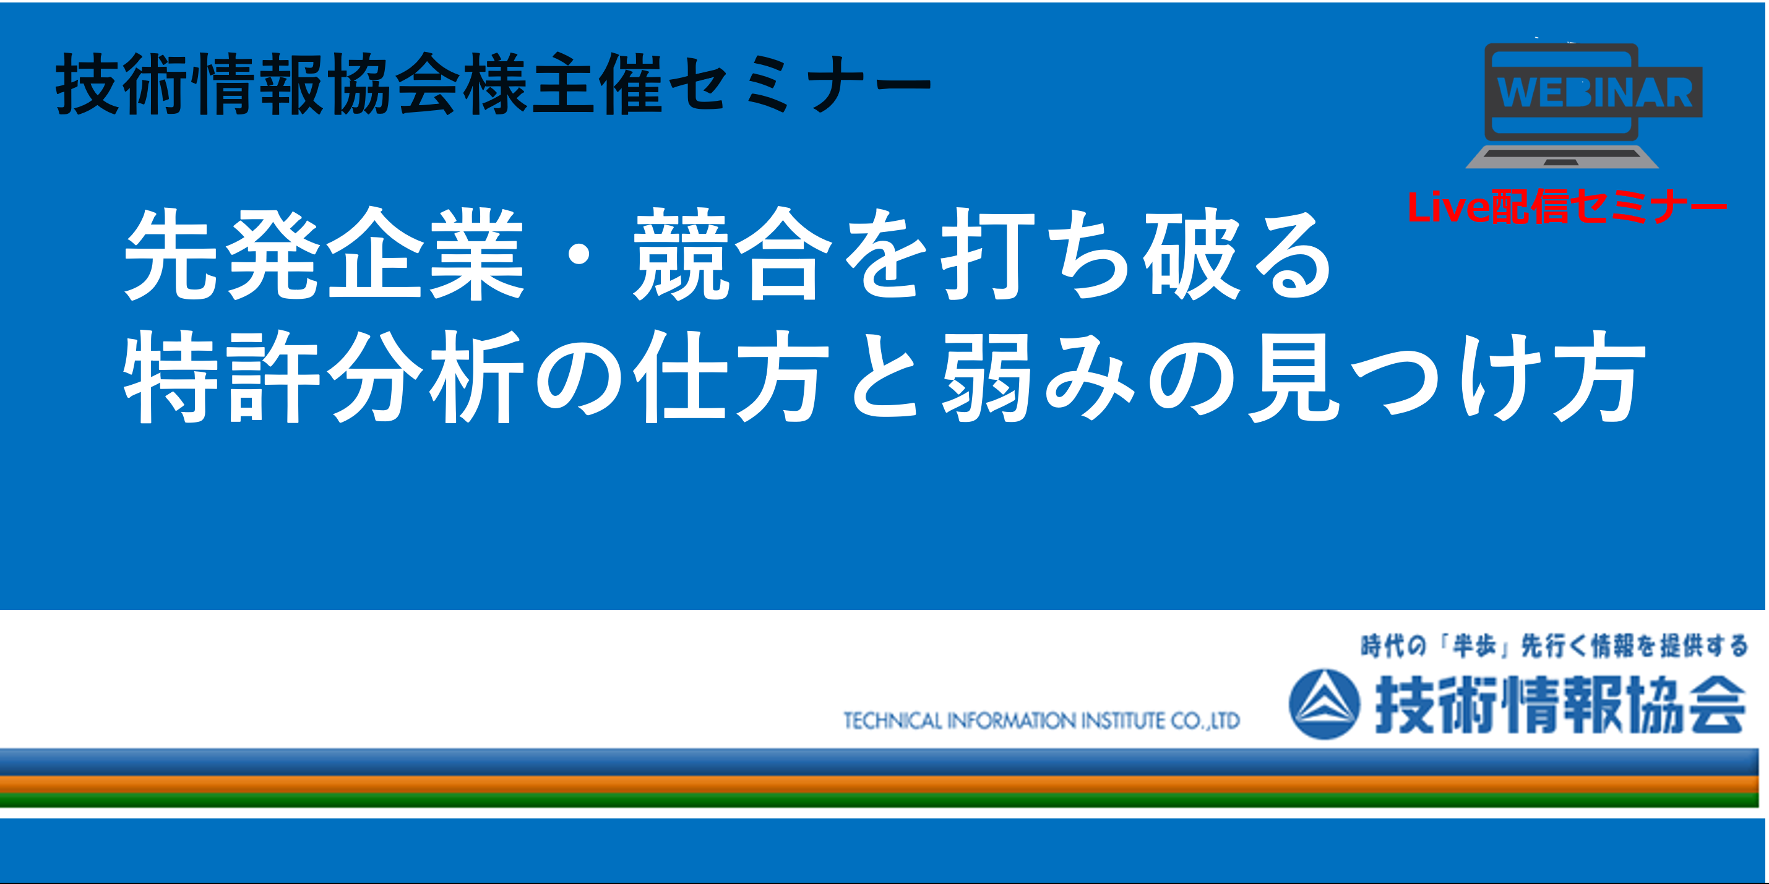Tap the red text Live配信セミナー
[1567, 206]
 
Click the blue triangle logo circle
[1324, 704]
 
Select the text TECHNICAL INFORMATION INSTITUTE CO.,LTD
[1042, 721]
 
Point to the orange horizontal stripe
[879, 784]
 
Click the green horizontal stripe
[879, 800]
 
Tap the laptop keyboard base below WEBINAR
[1562, 156]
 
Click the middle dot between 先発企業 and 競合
[579, 255]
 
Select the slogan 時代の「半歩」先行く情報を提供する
[1554, 646]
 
